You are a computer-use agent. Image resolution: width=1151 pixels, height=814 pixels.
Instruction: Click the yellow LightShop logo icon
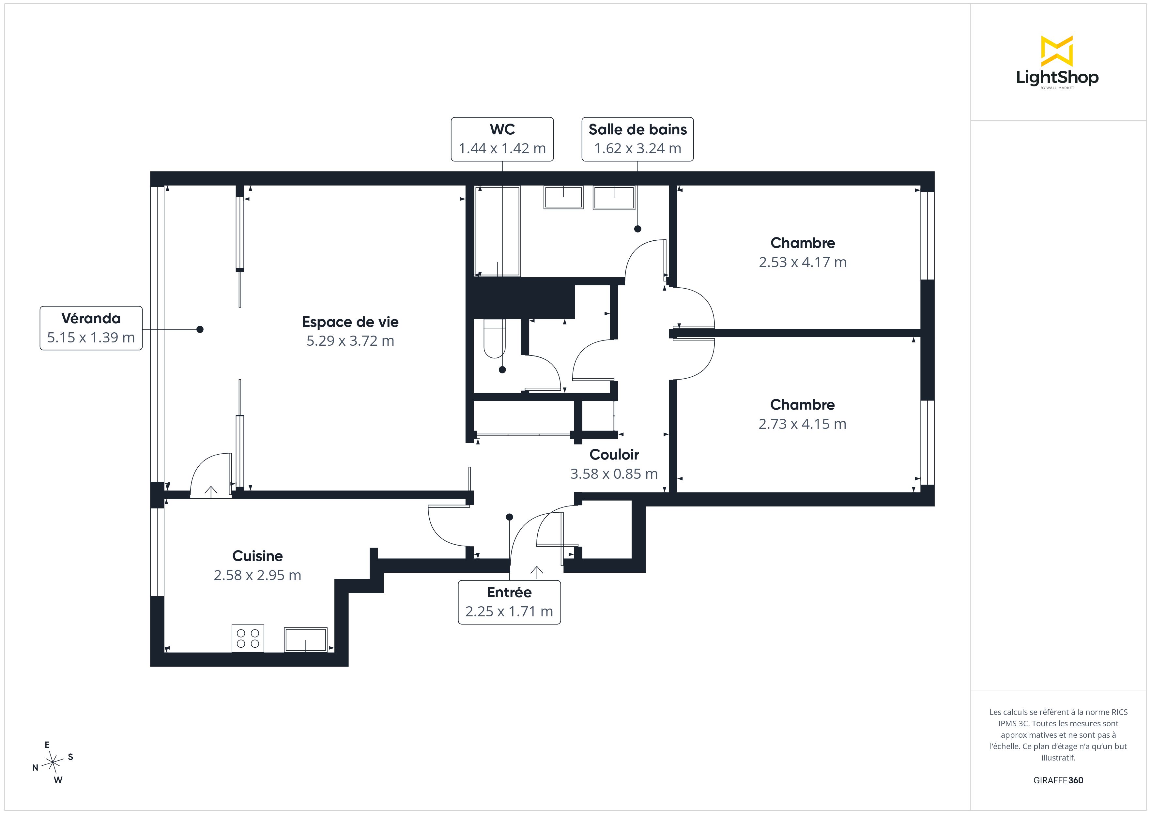point(1057,51)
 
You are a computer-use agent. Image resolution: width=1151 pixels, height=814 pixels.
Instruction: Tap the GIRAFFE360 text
point(1058,780)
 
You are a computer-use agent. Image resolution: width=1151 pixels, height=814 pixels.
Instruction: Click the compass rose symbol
point(53,762)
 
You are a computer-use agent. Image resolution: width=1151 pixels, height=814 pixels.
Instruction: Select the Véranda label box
point(91,328)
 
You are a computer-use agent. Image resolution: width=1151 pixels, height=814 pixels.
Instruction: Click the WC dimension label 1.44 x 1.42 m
point(502,148)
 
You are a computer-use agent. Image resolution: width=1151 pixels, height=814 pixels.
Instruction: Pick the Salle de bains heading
point(638,129)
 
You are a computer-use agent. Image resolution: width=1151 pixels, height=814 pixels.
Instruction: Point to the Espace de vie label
point(350,322)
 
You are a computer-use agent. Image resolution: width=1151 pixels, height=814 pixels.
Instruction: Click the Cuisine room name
point(258,556)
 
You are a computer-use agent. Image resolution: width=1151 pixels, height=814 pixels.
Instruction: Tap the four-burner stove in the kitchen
point(248,638)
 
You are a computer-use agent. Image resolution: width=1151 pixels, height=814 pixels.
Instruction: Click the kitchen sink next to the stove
point(306,640)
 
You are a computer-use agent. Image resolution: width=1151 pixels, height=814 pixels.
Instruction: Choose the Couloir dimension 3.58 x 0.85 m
point(614,474)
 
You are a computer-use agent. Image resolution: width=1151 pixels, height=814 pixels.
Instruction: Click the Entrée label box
point(509,602)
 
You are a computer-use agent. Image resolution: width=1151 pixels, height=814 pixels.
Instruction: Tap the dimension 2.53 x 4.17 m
point(803,262)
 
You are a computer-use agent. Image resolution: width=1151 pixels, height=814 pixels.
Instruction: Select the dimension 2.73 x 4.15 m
point(803,424)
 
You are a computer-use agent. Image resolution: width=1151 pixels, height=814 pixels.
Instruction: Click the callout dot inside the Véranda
point(200,329)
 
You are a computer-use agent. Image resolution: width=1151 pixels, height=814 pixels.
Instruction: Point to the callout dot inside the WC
point(502,370)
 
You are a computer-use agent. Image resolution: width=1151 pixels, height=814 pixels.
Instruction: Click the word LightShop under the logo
point(1057,78)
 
